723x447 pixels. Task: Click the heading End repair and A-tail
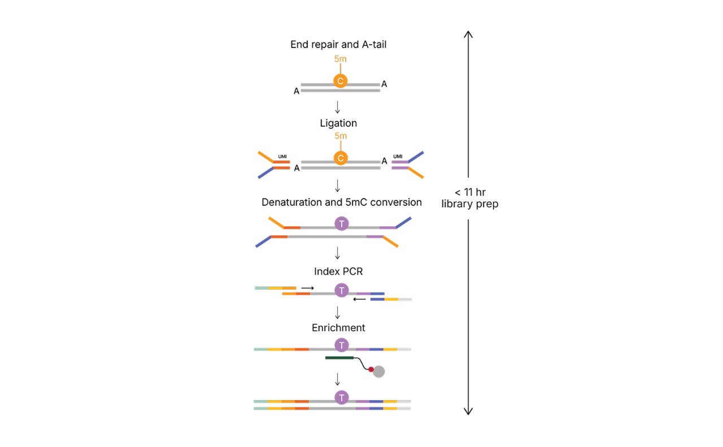338,44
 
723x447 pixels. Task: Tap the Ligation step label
338,123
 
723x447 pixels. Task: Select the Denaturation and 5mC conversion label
341,202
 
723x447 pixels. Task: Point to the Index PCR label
338,271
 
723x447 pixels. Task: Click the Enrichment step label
338,328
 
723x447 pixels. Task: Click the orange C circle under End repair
340,81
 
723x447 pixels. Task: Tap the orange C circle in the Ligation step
340,158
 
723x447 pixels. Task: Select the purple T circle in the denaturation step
341,224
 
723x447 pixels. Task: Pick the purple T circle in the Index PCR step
341,290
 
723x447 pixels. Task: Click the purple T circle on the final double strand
341,398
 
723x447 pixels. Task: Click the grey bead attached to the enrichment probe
379,371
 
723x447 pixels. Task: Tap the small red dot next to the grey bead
371,369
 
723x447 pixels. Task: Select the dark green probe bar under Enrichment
339,357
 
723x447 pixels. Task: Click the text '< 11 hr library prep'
469,198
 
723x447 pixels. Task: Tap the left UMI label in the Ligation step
283,157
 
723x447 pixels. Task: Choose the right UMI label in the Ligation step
398,157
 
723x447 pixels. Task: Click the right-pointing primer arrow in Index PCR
307,288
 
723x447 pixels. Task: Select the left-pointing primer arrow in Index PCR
359,299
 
